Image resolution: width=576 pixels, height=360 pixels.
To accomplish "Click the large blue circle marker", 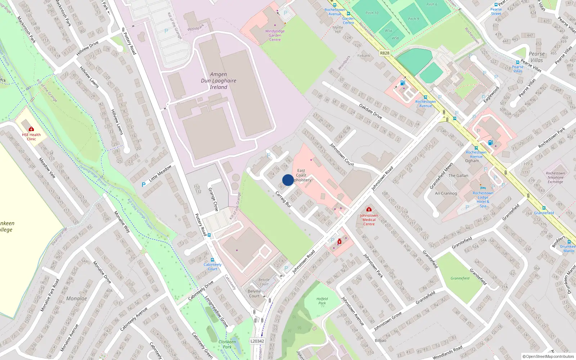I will (x=288, y=180).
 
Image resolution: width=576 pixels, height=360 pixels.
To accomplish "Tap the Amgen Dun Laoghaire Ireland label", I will (x=219, y=81).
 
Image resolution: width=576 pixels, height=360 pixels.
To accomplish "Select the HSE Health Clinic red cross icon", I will (x=31, y=129).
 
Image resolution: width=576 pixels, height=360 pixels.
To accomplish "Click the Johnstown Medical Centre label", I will (x=369, y=220).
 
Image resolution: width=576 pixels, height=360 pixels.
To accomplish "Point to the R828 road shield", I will (x=384, y=53).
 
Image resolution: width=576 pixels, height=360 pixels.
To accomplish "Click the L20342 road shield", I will (x=257, y=341).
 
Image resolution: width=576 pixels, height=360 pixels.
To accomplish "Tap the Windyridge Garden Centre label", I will (x=275, y=35).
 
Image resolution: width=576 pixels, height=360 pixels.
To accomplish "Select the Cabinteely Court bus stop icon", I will (x=212, y=260).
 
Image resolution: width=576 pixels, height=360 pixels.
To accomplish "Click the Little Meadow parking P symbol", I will (x=144, y=185).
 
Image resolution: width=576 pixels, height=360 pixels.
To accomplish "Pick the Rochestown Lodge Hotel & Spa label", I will (x=483, y=199).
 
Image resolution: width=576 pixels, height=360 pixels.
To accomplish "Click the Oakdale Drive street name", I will (x=370, y=111).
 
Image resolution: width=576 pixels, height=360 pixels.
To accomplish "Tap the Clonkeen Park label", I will (x=227, y=344).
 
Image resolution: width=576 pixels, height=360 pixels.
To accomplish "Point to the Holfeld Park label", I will (x=322, y=301).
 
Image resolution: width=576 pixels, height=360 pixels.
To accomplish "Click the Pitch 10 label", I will (x=372, y=13).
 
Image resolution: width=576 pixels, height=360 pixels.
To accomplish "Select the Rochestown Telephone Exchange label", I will (x=555, y=177).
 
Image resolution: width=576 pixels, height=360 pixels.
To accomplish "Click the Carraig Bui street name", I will (x=283, y=199).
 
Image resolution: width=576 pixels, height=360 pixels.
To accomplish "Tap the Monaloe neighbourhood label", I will (x=76, y=298).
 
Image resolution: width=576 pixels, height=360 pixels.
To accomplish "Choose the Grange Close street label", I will (x=213, y=199).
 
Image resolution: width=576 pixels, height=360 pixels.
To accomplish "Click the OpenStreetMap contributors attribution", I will (x=549, y=357).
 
